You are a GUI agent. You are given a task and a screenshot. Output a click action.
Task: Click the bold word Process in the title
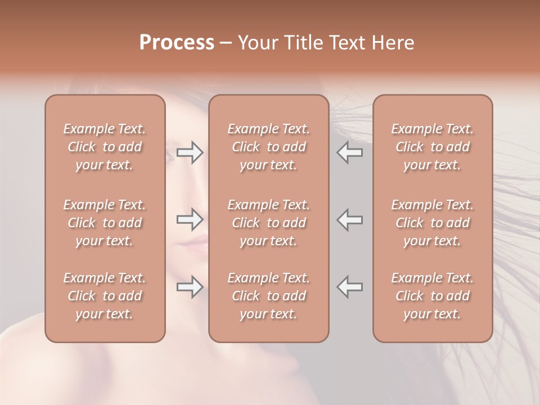click(x=177, y=43)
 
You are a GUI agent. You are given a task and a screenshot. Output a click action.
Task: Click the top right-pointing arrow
click(x=190, y=152)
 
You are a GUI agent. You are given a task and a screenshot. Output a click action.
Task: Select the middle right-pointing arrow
click(x=190, y=219)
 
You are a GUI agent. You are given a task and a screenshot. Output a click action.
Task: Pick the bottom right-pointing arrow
click(x=190, y=287)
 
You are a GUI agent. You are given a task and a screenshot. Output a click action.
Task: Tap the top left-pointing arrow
click(x=350, y=152)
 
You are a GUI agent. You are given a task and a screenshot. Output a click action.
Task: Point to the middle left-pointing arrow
click(x=350, y=219)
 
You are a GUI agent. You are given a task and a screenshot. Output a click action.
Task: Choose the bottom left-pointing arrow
click(x=350, y=287)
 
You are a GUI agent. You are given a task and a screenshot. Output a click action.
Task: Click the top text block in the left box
click(x=105, y=147)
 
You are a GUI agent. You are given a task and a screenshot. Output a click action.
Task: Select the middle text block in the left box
click(x=105, y=223)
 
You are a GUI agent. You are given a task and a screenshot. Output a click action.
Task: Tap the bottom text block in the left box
click(x=105, y=296)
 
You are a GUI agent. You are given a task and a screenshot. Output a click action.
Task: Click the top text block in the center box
click(x=268, y=147)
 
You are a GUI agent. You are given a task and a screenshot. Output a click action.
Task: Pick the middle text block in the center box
click(x=268, y=223)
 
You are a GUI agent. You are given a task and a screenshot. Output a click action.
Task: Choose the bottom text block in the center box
click(x=268, y=296)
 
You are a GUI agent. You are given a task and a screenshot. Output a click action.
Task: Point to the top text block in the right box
click(x=432, y=147)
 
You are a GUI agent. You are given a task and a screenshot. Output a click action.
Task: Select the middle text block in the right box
click(x=432, y=223)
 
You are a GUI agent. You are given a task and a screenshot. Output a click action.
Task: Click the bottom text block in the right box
click(x=432, y=296)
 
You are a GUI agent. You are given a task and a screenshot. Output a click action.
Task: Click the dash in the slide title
click(x=226, y=43)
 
